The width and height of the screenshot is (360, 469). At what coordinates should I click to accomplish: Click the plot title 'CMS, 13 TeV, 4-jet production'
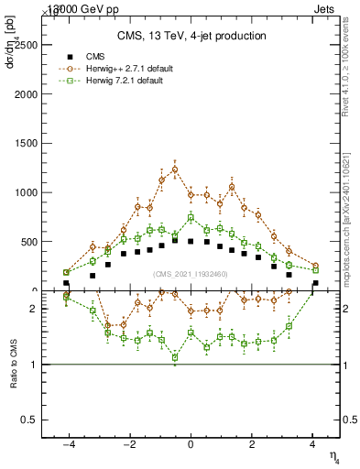(191, 36)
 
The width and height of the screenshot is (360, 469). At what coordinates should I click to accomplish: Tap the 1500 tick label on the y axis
(28, 143)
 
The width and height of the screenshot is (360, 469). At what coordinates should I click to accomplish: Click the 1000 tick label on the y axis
(28, 192)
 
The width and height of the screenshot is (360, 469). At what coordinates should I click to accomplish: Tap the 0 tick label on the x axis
(191, 444)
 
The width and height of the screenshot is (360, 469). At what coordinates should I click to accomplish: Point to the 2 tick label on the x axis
(252, 444)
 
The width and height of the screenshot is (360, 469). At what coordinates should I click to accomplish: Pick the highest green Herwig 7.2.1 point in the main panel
(191, 217)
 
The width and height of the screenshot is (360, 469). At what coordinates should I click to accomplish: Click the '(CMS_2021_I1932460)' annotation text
(191, 274)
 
